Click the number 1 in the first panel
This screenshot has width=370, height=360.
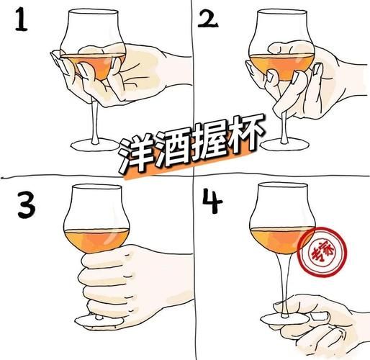pos(22,22)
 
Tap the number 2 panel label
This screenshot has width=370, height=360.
pos(209,23)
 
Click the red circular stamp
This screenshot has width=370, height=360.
pos(319,252)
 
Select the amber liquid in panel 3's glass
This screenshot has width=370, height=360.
pos(96,238)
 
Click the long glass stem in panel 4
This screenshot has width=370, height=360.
pos(286,281)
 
